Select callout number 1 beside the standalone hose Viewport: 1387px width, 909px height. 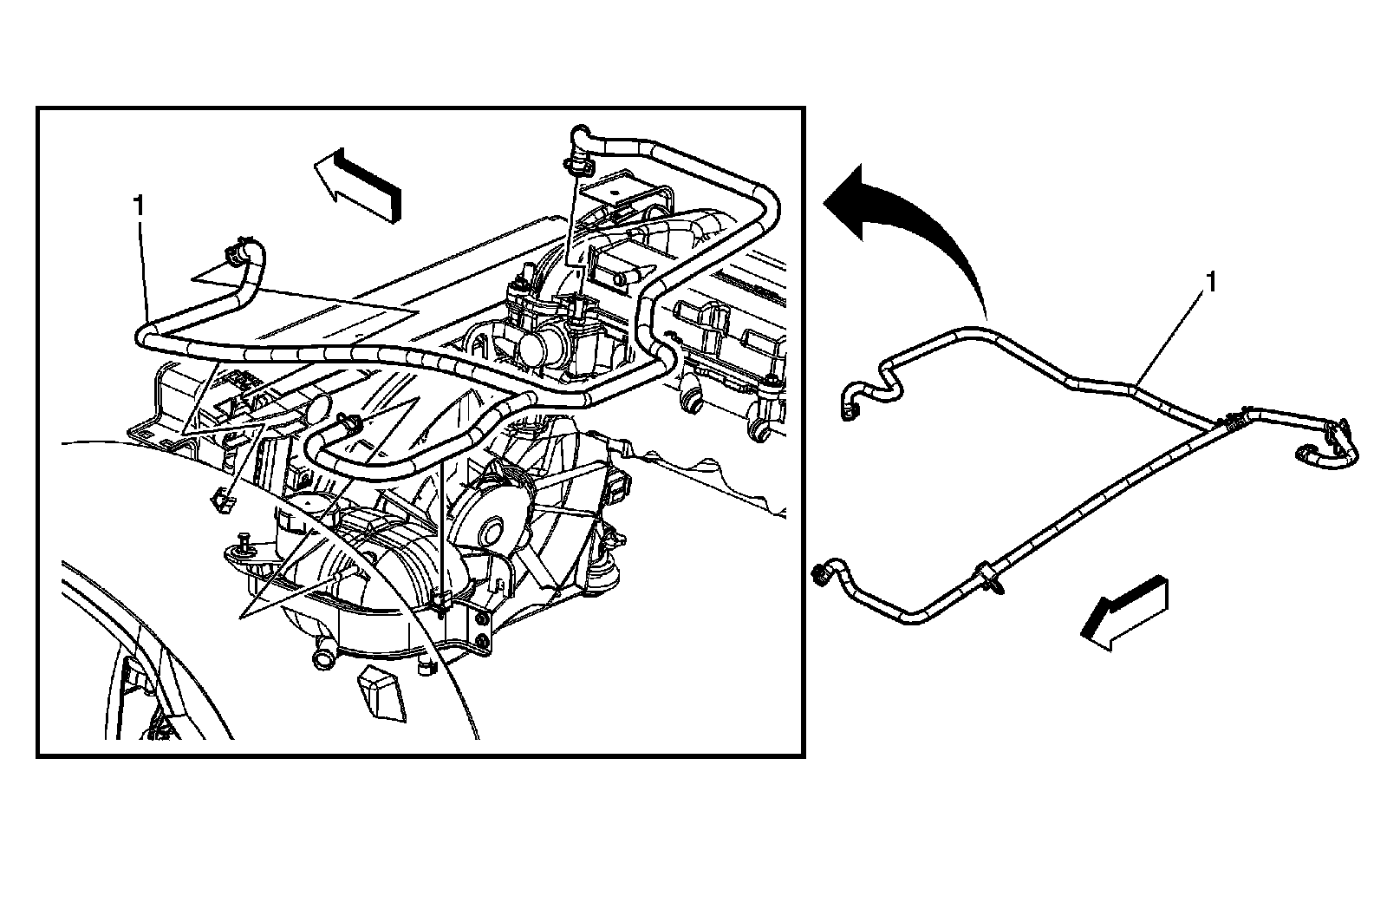coord(1212,282)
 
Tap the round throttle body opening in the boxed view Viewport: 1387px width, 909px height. coord(531,349)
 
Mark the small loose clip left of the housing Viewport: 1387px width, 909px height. coord(222,497)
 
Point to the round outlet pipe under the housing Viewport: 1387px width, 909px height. coord(323,653)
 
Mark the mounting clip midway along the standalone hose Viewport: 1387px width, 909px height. coord(989,576)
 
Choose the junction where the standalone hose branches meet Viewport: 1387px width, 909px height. coord(1227,422)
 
